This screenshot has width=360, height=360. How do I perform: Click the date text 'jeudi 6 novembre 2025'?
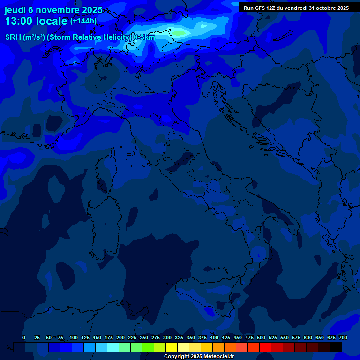53,10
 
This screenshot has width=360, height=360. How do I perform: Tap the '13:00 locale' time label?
36,22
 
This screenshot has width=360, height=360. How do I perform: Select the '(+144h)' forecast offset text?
83,21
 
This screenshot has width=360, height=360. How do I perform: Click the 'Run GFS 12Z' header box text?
296,8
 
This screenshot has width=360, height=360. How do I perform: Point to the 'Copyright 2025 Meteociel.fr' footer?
199,357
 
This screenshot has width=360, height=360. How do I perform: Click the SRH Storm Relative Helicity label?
80,37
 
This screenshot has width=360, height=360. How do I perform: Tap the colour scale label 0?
24,337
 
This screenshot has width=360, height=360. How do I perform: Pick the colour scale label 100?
74,337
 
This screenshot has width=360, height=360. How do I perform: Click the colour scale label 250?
144,337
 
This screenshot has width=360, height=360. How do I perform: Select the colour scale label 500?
261,337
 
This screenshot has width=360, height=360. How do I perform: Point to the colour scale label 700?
343,337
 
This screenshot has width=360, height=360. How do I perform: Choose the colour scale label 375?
202,337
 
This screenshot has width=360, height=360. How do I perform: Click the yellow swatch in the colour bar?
172,347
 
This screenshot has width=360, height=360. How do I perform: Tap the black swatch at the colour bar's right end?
336,347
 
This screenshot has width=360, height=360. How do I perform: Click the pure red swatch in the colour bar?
265,347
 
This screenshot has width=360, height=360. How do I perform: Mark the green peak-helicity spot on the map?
180,33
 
